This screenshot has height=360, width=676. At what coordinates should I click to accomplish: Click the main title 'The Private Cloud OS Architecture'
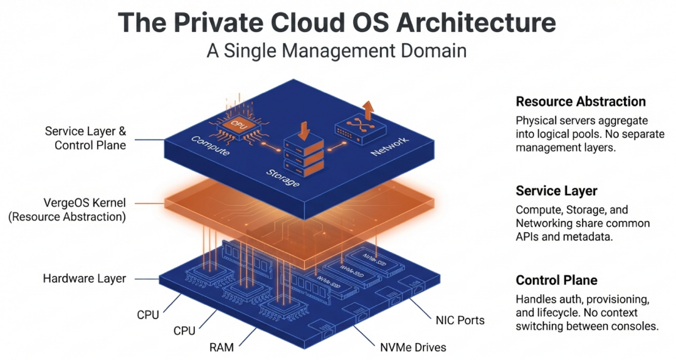coord(337,23)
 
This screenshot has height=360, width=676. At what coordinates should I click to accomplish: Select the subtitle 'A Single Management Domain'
coord(337,50)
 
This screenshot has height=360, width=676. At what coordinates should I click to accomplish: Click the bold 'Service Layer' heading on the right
coord(556,191)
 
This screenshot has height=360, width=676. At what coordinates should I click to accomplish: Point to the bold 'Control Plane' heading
coord(556,280)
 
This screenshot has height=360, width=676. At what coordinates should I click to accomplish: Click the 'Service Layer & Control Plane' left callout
coord(85,138)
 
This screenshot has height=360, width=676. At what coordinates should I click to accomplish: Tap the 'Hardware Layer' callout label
coord(84,278)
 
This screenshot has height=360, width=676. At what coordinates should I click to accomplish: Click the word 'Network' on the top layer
coord(389,146)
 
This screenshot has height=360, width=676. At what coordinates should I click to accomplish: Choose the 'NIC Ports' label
coord(460,320)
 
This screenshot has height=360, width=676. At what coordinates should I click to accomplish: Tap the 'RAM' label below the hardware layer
coord(221,347)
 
